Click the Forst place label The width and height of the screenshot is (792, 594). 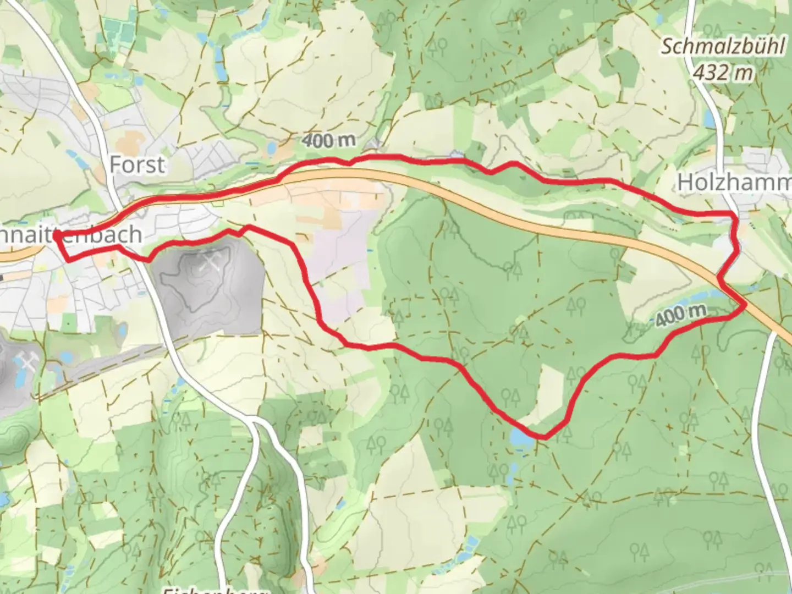137,164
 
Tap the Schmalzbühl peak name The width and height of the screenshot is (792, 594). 722,47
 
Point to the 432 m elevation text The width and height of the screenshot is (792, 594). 722,72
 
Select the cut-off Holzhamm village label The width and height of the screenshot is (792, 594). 734,183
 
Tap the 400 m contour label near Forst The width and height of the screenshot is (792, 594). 328,141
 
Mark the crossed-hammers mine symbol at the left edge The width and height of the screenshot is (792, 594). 28,364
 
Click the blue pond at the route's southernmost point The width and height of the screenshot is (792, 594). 520,438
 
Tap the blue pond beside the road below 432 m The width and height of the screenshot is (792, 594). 709,118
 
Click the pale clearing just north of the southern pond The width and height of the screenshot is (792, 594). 547,393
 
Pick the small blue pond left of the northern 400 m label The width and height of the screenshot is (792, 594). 271,148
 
